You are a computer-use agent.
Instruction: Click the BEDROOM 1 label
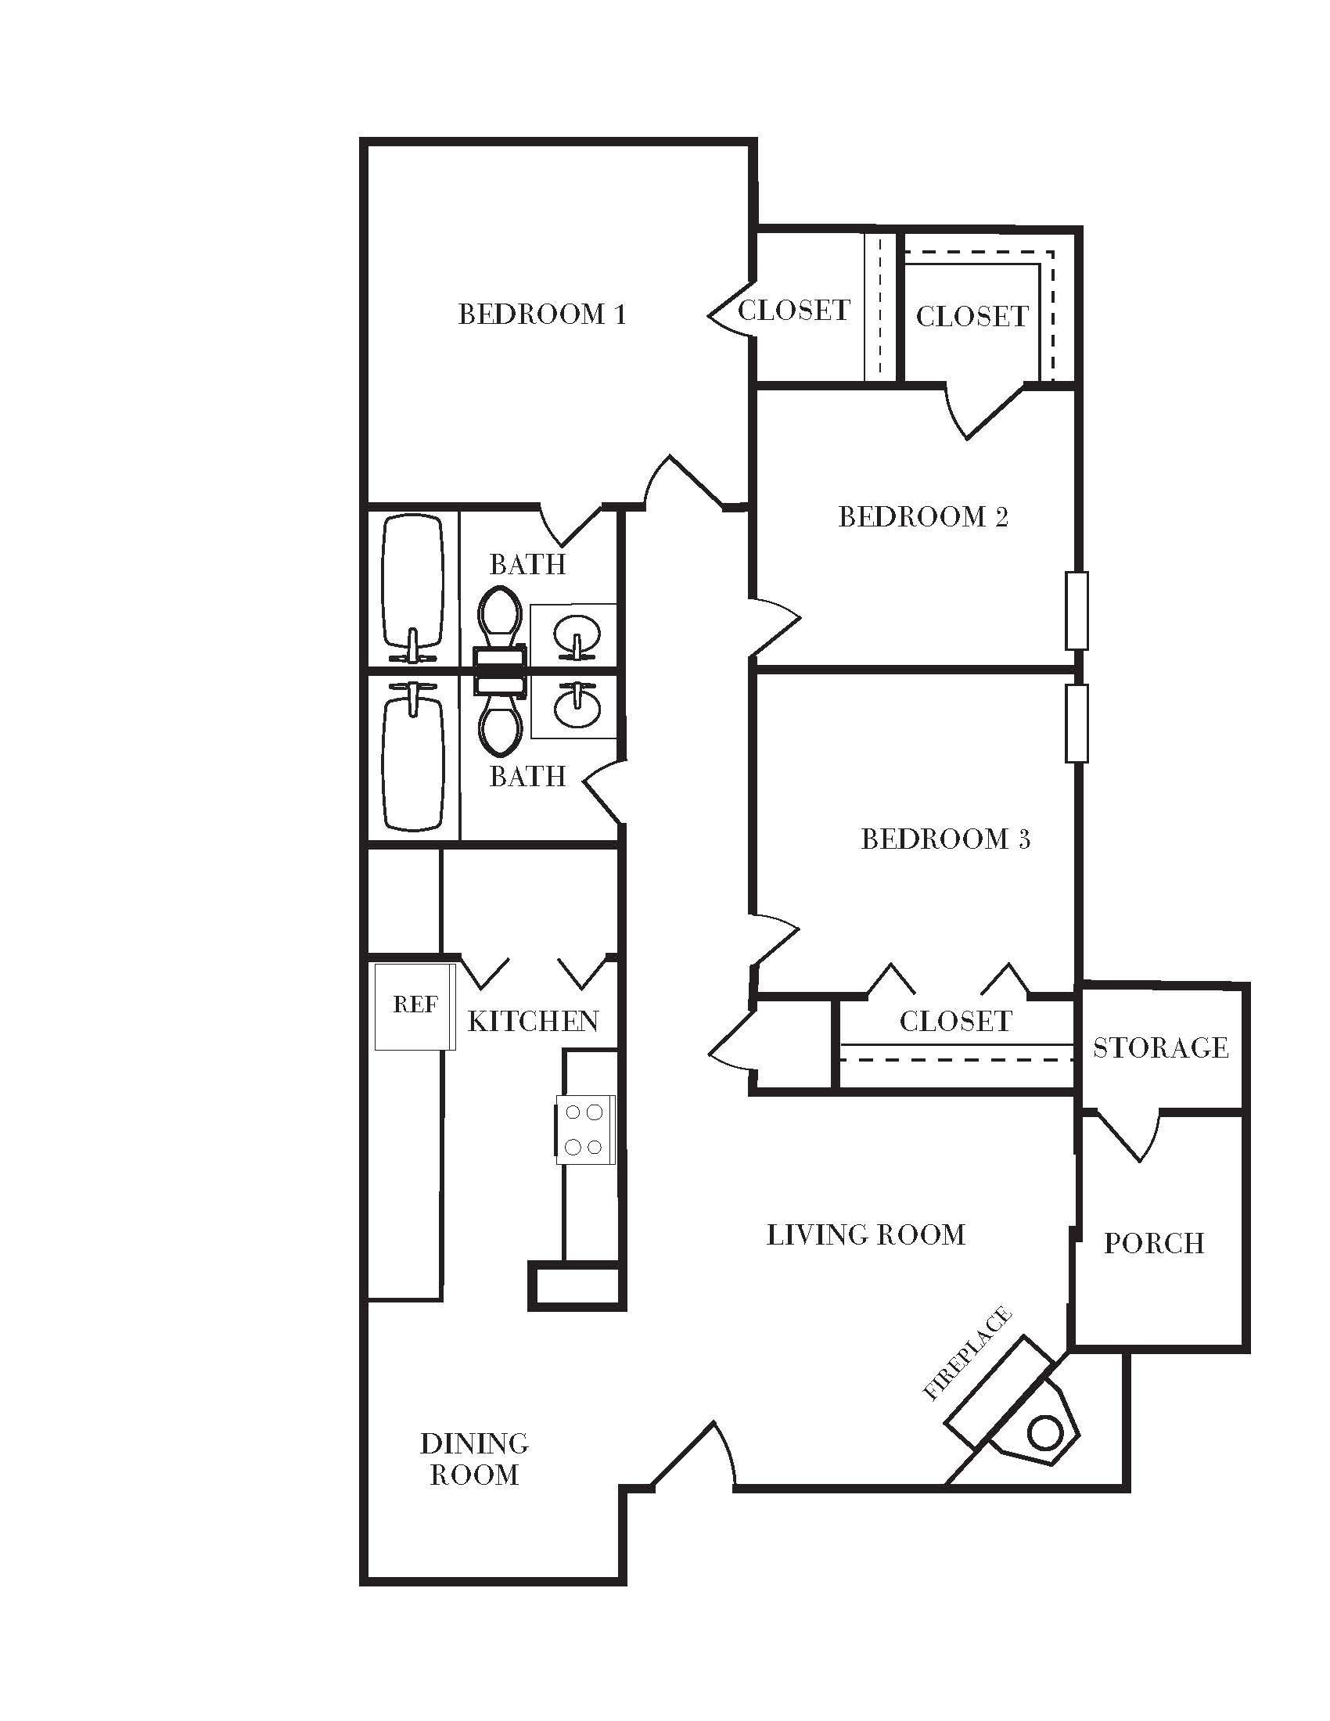(542, 314)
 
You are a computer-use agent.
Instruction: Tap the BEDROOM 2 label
(922, 517)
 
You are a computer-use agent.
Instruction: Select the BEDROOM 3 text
(946, 839)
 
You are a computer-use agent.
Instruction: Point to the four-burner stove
(584, 1129)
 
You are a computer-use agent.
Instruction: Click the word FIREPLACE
(967, 1353)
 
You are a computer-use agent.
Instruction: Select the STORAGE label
(1160, 1048)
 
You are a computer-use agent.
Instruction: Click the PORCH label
(1154, 1244)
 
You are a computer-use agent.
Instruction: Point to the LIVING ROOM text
(866, 1234)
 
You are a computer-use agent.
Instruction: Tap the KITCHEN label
(534, 1022)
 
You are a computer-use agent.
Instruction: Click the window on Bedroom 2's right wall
(1077, 611)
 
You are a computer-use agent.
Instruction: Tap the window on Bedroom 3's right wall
(1077, 724)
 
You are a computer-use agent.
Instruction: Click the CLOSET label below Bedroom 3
(956, 1022)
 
